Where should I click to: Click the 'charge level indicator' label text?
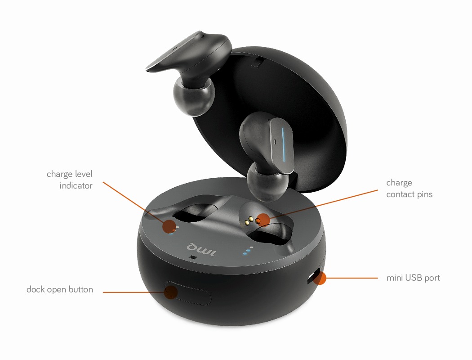coord(70,180)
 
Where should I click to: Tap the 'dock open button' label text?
coord(60,289)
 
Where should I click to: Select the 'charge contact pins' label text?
coord(410,189)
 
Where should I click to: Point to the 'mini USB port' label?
coord(413,278)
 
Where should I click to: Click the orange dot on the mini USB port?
coord(320,278)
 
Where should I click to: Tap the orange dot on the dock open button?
coord(171,292)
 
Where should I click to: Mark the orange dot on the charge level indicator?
coord(169,226)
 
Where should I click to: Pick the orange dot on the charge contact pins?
coord(264,220)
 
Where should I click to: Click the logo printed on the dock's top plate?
coord(201,249)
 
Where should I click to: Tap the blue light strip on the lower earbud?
coord(284,144)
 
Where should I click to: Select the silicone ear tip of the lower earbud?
coord(267,183)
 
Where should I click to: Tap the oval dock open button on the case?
coord(187,293)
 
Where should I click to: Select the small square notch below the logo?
coord(193,257)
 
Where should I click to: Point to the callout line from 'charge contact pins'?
coord(323,204)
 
